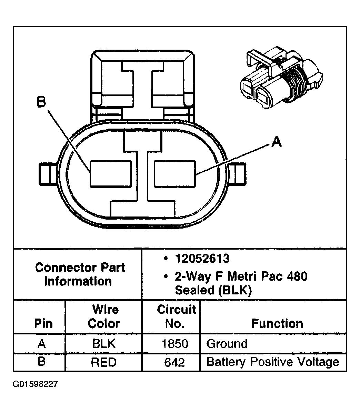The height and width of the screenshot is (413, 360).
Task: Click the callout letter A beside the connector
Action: tap(277, 142)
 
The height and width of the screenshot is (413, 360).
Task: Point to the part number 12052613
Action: tap(202, 259)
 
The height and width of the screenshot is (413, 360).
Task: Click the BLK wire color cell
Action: tap(103, 344)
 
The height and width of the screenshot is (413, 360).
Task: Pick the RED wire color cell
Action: tap(103, 362)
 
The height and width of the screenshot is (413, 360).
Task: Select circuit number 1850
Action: tap(176, 344)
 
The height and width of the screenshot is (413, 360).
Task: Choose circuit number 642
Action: tap(175, 362)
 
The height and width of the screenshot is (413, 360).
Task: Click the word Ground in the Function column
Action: tap(227, 344)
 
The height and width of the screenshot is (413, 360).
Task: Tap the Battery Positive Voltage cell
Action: tap(273, 362)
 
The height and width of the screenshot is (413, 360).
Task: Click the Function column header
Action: tap(277, 323)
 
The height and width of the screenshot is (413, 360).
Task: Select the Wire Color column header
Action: tap(104, 316)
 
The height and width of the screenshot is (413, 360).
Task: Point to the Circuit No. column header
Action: tap(176, 316)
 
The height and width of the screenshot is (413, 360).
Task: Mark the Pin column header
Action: tap(44, 323)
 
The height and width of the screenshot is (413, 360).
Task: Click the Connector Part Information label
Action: tap(80, 274)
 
